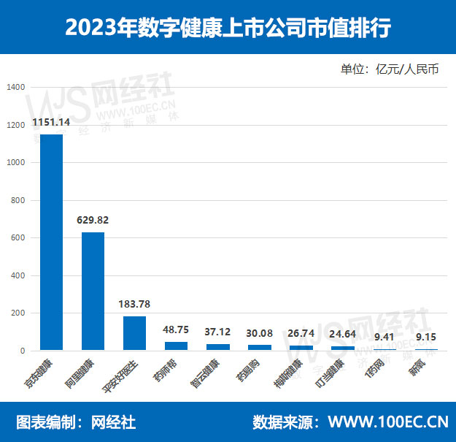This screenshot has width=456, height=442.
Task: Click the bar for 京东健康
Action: pos(51,242)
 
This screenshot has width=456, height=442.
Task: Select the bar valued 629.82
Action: pos(93,291)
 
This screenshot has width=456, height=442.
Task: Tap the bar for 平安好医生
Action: pos(134,333)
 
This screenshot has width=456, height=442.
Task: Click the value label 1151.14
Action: pos(51,122)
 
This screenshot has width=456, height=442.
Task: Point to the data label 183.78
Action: pos(134,304)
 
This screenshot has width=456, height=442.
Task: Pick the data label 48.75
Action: pos(176,329)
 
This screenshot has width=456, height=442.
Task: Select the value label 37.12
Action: pos(217,332)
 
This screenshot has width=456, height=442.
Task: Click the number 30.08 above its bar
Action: pos(259,333)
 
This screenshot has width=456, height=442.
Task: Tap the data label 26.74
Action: pos(301,333)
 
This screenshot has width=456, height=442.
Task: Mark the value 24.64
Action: pos(342,334)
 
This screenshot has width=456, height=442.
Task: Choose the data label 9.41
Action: pos(384,337)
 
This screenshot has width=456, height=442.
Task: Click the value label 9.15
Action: pos(425,337)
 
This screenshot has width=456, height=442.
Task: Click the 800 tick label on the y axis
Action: pos(18,200)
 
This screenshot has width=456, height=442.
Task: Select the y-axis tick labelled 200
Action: pos(18,313)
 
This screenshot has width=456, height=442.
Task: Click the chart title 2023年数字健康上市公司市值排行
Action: pos(228,27)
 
